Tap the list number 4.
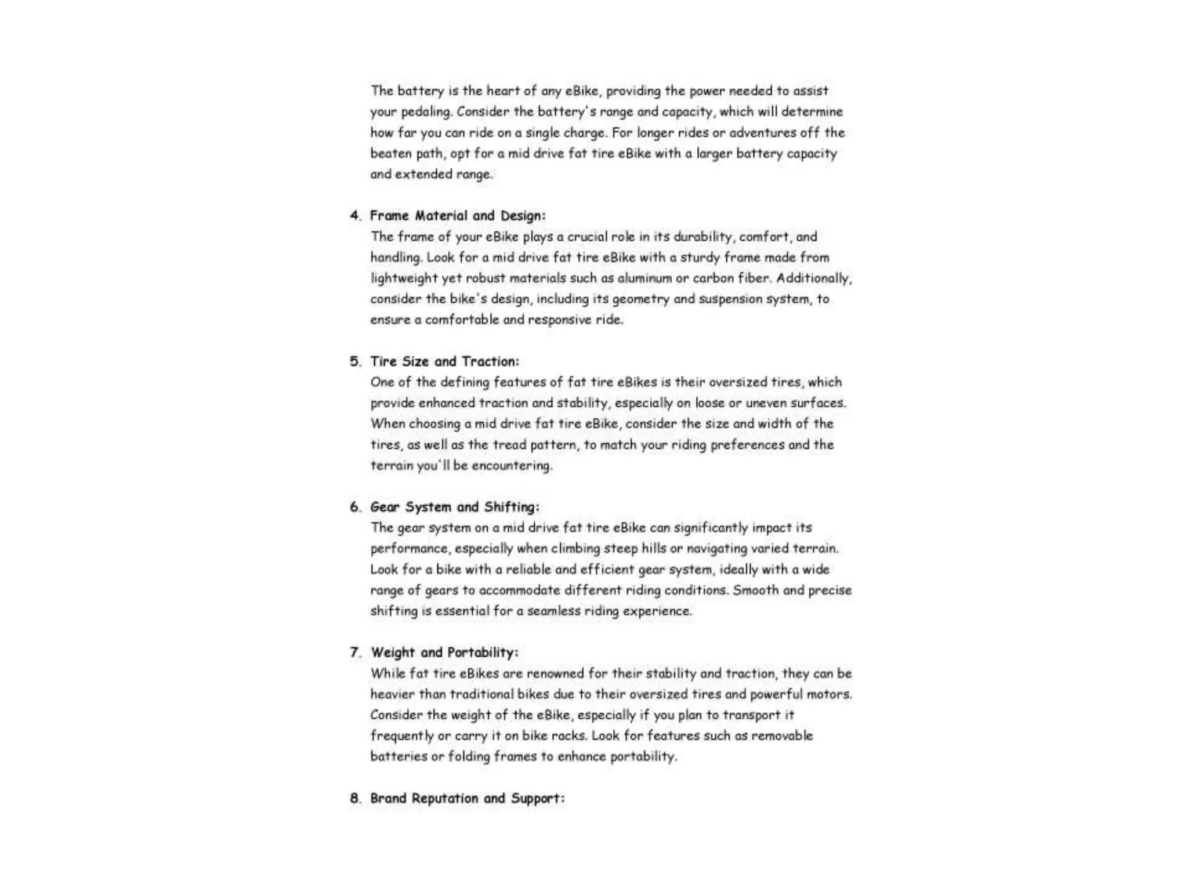click(x=354, y=216)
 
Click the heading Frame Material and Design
click(x=458, y=216)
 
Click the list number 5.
click(x=354, y=361)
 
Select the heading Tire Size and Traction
click(x=444, y=361)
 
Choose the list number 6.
click(x=354, y=507)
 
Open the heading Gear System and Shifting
click(x=455, y=507)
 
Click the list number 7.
click(x=354, y=653)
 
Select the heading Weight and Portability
click(x=444, y=653)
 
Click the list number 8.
click(x=354, y=798)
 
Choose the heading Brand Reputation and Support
click(x=467, y=798)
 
